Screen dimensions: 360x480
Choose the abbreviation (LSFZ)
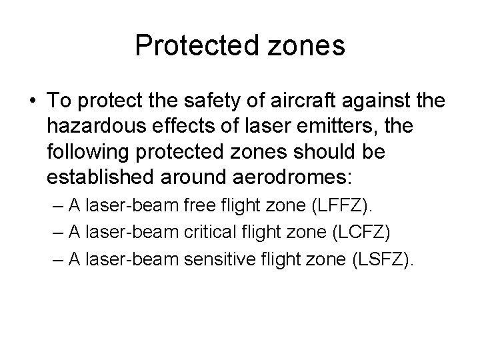(380, 257)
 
